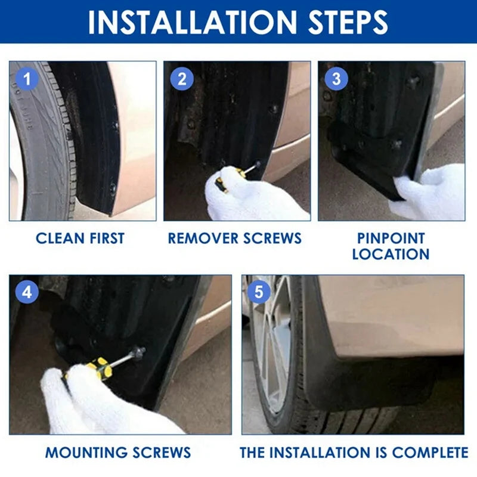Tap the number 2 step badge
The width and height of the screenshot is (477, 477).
tap(182, 79)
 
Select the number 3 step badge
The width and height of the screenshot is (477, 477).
tap(336, 79)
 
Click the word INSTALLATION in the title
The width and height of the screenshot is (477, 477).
tap(193, 22)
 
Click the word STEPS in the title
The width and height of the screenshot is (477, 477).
tap(348, 22)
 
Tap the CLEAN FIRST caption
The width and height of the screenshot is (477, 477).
tap(80, 238)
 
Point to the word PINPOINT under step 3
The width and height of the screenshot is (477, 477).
tap(391, 238)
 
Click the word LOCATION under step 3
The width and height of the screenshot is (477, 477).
tap(391, 254)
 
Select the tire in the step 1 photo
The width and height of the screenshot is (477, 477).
tap(42, 143)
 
